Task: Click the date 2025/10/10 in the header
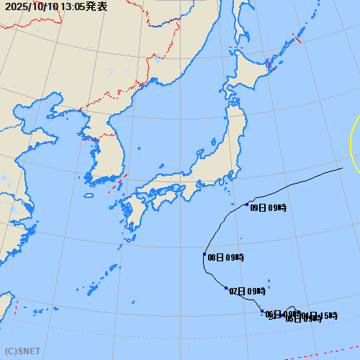31,6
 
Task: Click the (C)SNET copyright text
21,353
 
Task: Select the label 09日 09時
269,208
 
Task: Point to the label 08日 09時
225,258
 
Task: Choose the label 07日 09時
248,292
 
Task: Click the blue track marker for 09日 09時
247,204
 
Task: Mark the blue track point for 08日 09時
204,254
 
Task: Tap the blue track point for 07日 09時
226,288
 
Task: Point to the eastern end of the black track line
342,168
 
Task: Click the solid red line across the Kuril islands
297,38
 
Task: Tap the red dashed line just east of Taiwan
16,308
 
